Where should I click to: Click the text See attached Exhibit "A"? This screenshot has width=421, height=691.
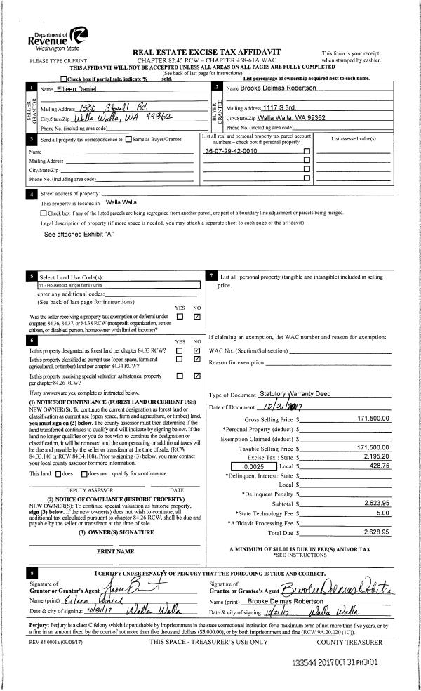(79, 234)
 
